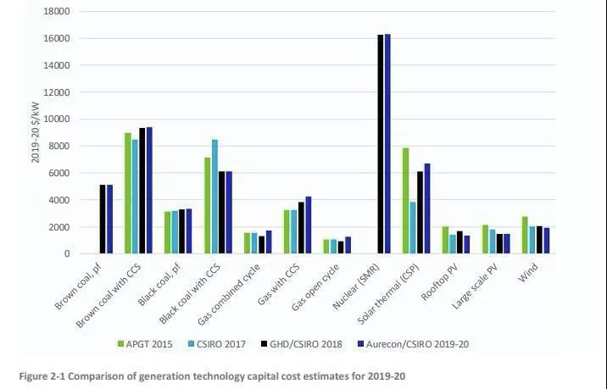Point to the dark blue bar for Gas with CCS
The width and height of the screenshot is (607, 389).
pyautogui.click(x=309, y=225)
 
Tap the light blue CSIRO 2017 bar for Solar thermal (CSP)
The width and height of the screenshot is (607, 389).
pyautogui.click(x=413, y=228)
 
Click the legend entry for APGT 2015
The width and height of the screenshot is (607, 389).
pyautogui.click(x=147, y=343)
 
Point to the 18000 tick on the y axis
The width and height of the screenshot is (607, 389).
pyautogui.click(x=57, y=12)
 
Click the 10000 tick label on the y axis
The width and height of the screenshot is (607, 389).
pyautogui.click(x=57, y=119)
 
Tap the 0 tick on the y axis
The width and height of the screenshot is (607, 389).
pyautogui.click(x=66, y=254)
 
